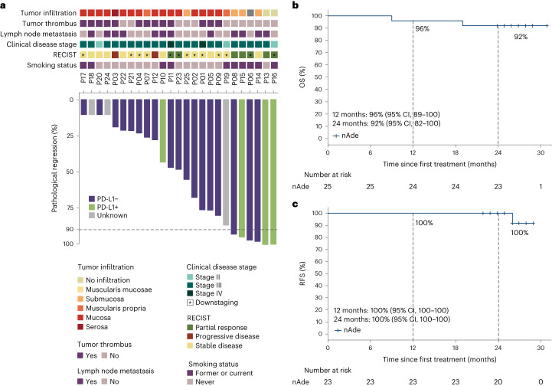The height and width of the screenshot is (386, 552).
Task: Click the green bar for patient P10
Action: (x=163, y=131)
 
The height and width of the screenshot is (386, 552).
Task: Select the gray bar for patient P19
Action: (x=92, y=107)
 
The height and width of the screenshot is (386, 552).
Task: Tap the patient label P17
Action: (x=83, y=80)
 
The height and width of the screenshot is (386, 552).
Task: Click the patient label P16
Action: (x=273, y=80)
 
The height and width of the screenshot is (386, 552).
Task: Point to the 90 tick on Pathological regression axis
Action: (x=67, y=229)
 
